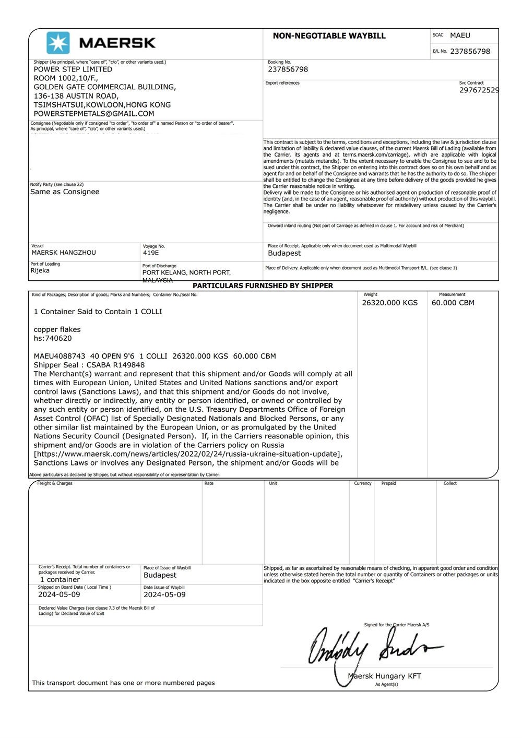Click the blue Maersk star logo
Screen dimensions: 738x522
point(58,43)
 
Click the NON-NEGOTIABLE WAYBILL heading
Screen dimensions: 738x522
point(329,36)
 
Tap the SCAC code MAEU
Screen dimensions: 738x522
point(460,35)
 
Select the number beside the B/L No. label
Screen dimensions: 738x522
point(470,51)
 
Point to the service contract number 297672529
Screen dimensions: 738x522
point(479,90)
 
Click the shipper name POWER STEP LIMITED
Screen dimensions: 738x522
point(73,69)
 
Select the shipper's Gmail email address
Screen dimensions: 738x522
point(94,114)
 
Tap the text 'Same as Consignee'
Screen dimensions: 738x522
point(65,192)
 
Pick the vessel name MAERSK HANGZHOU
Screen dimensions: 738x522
point(64,253)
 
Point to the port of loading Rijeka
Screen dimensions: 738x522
point(40,270)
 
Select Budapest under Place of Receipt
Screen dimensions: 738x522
point(284,253)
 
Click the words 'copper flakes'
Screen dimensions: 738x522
point(57,329)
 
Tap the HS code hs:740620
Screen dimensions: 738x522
point(53,338)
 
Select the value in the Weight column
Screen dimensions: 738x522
point(389,303)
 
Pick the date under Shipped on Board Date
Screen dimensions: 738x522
point(59,594)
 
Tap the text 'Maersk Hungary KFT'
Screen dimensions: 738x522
point(384,676)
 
